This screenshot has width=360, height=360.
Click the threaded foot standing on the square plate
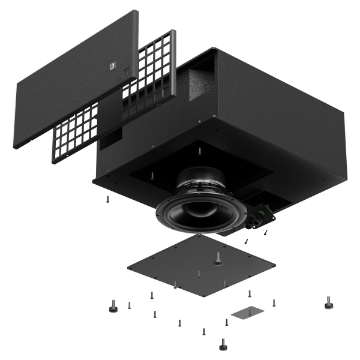(217, 259)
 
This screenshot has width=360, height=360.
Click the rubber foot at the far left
(112, 307)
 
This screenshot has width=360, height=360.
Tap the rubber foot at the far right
(328, 304)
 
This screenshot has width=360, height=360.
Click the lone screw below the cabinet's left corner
(106, 199)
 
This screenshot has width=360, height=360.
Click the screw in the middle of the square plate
(199, 273)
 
